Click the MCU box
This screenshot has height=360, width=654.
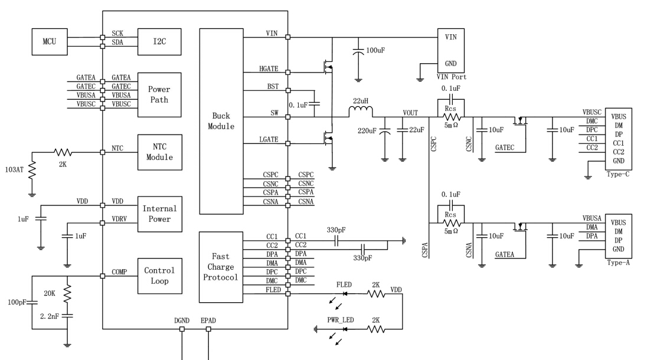[x=50, y=42]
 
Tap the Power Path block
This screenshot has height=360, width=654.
[x=159, y=94]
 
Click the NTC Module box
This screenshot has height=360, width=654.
[x=159, y=152]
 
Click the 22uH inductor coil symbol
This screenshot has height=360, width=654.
[x=361, y=112]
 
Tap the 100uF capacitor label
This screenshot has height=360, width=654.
[x=376, y=51]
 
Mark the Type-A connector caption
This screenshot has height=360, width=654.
[x=619, y=263]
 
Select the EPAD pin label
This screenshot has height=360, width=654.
[x=208, y=321]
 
